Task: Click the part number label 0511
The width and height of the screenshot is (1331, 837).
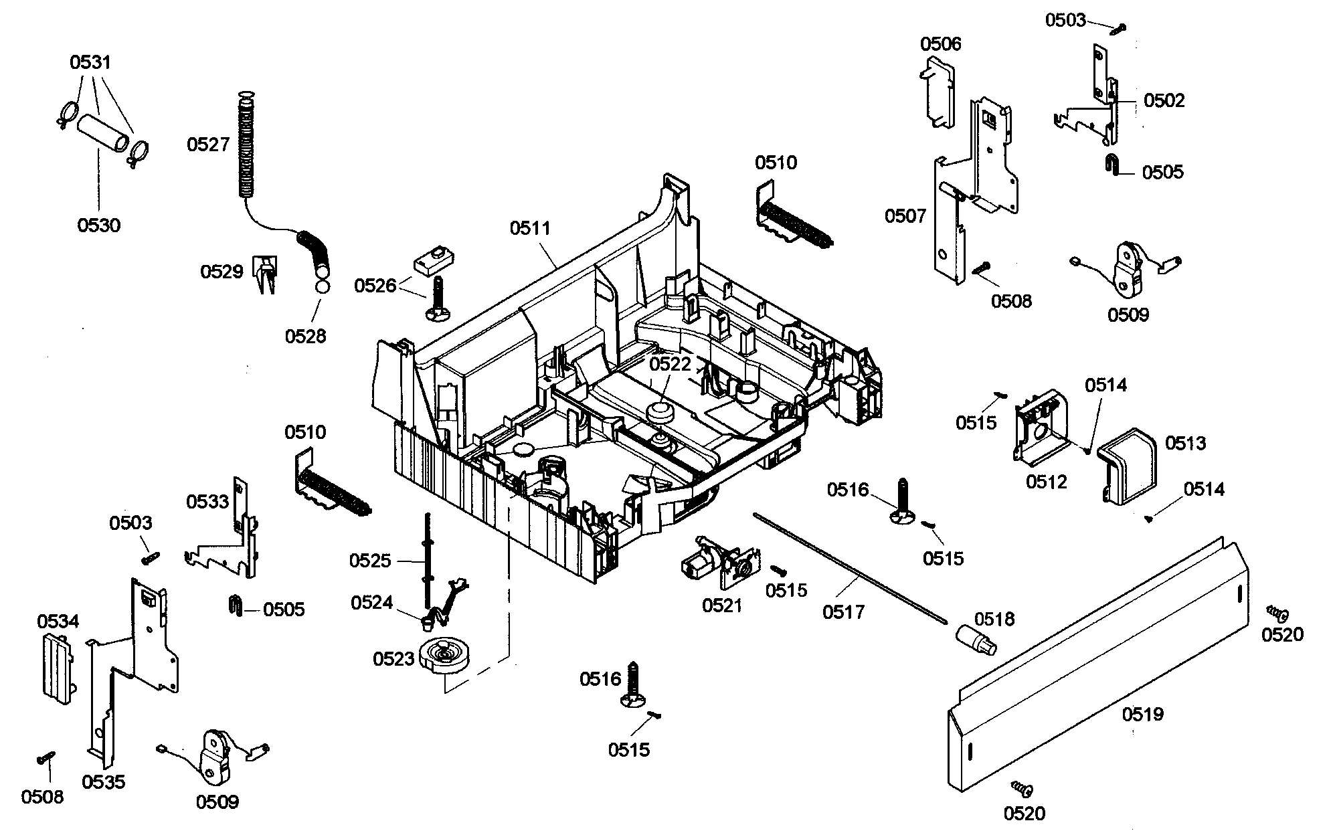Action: pyautogui.click(x=530, y=228)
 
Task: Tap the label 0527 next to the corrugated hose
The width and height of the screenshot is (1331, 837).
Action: pyautogui.click(x=208, y=145)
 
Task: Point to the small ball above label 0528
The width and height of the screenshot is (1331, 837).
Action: pyautogui.click(x=322, y=288)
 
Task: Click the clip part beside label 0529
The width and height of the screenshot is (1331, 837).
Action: pyautogui.click(x=266, y=273)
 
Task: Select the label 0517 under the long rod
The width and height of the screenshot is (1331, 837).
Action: pyautogui.click(x=844, y=612)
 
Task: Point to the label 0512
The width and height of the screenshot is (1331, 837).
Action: pyautogui.click(x=1046, y=482)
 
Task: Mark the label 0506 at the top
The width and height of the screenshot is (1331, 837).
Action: pyautogui.click(x=940, y=44)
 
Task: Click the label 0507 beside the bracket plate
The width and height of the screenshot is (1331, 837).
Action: pyautogui.click(x=905, y=215)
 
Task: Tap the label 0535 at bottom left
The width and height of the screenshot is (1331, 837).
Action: pyautogui.click(x=104, y=781)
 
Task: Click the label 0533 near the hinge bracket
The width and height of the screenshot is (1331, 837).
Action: pyautogui.click(x=207, y=501)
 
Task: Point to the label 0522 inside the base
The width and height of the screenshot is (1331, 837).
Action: pyautogui.click(x=670, y=364)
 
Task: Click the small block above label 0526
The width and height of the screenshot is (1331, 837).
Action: pyautogui.click(x=434, y=260)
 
